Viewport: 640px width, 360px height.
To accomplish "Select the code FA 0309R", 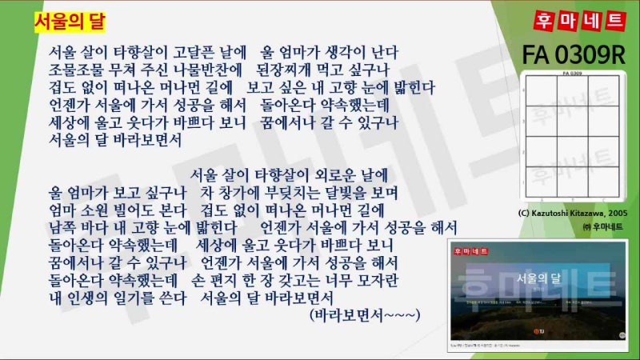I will click(x=573, y=55).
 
